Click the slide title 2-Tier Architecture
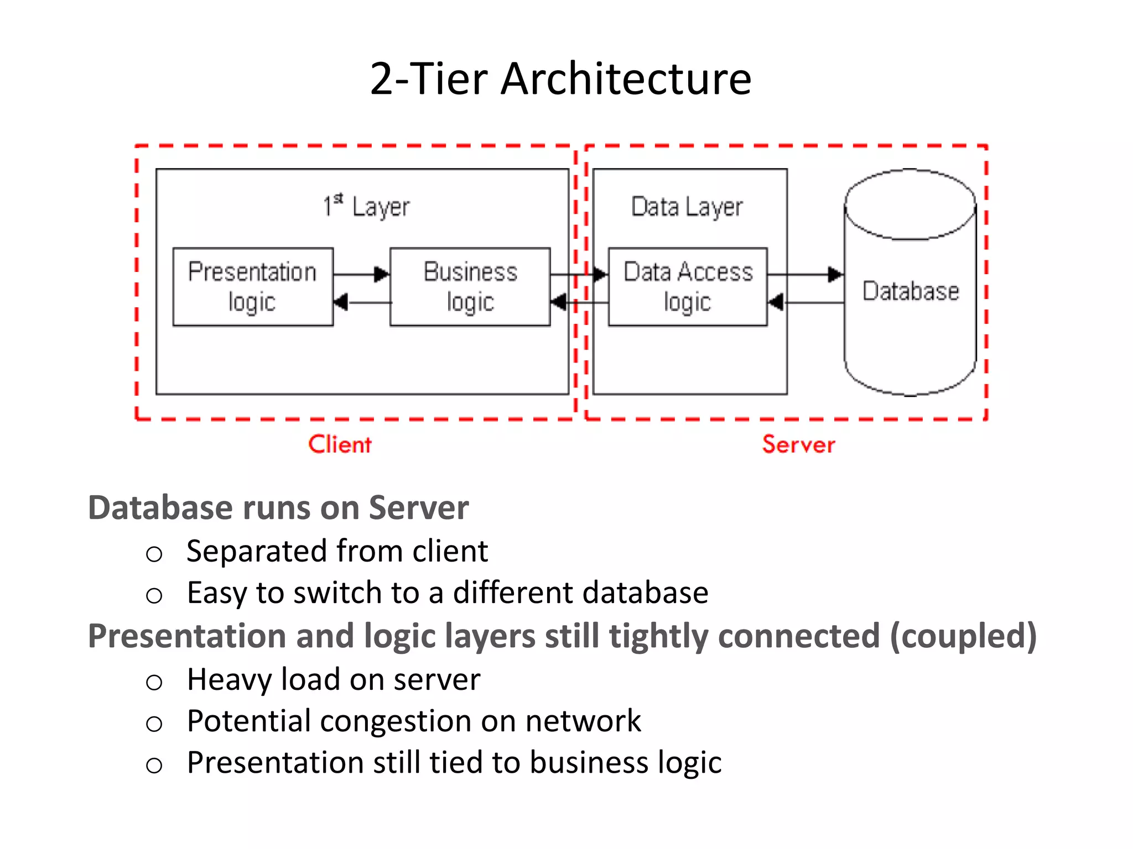(x=560, y=79)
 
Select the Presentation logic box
(x=253, y=287)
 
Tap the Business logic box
(x=470, y=287)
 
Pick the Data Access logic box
(x=688, y=287)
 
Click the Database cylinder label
(x=910, y=291)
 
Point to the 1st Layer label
(x=366, y=206)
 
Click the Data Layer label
(x=687, y=207)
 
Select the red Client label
(x=340, y=444)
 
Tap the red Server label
(x=798, y=444)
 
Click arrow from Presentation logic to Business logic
(x=361, y=274)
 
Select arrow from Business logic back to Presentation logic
(x=362, y=302)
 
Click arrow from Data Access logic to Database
(x=805, y=274)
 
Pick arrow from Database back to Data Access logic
(x=806, y=302)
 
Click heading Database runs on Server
(x=278, y=507)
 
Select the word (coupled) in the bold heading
(x=963, y=636)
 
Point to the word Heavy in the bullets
(x=229, y=680)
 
